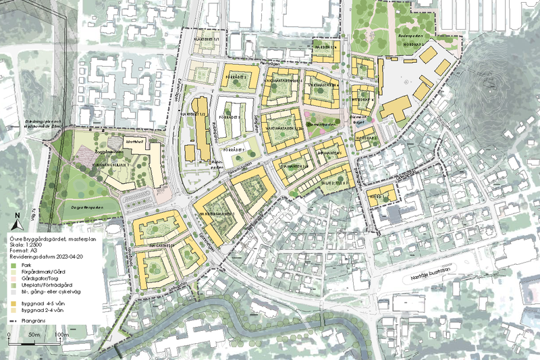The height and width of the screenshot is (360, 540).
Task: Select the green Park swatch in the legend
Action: click(13, 267)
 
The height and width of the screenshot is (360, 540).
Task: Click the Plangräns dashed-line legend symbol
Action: click(13, 319)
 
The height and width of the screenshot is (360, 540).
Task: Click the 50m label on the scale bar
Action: click(35, 335)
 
